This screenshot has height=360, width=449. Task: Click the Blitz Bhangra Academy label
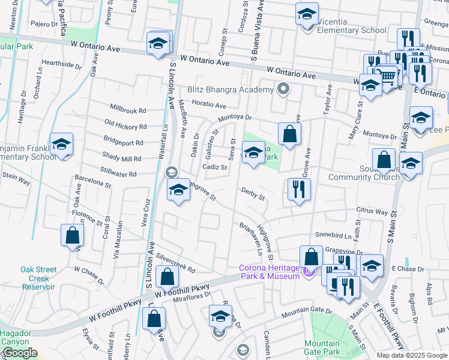231,90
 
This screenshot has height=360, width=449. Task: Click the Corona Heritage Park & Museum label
270,272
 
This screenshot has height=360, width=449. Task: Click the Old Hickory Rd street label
125,127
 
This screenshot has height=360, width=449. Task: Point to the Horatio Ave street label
209,104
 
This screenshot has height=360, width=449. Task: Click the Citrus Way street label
372,212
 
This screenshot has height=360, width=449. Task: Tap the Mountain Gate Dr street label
307,312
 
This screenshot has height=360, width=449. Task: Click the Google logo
20,353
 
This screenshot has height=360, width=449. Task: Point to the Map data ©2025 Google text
412,355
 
